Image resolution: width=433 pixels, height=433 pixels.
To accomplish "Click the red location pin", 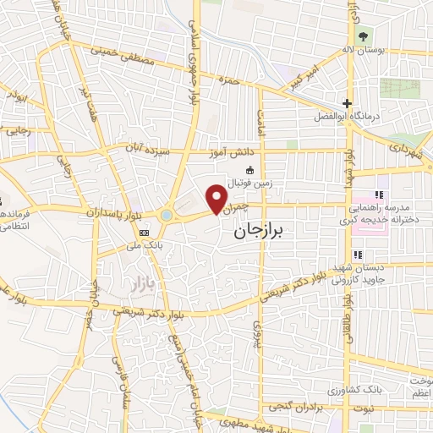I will click(x=218, y=200).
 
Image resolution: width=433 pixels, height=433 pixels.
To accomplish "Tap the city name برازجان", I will click(x=260, y=229).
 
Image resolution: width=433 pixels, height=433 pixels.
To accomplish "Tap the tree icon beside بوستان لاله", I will click(x=362, y=36).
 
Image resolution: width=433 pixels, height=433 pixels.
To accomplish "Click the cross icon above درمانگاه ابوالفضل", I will click(x=347, y=103).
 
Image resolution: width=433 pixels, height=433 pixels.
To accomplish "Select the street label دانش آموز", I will click(x=231, y=153).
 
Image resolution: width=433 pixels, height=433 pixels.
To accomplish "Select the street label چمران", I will click(x=238, y=205).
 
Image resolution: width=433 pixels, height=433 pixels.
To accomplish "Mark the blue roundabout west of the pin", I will click(x=166, y=216).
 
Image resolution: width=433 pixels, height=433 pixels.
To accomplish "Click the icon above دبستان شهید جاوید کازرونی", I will click(x=359, y=255).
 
